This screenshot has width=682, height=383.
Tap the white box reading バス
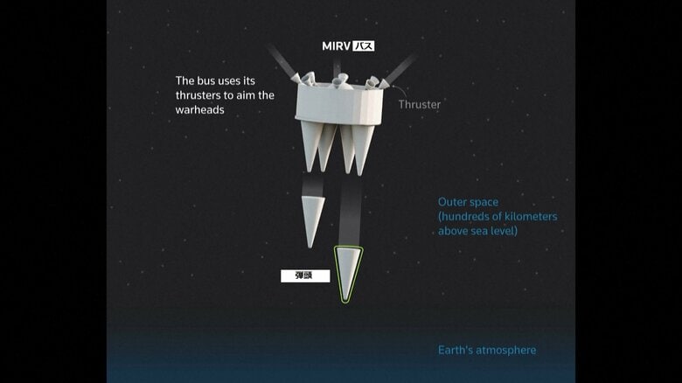click(363, 45)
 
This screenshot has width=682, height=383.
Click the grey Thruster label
click(420, 104)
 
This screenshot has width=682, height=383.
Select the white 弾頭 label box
click(305, 275)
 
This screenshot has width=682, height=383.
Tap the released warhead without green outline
click(313, 219)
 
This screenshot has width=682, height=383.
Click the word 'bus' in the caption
click(209, 80)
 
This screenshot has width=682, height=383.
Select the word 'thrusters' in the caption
click(201, 95)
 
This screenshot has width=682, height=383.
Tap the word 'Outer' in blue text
click(454, 202)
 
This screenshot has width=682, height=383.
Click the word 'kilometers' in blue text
click(526, 216)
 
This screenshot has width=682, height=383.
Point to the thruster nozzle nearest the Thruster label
click(374, 82)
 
